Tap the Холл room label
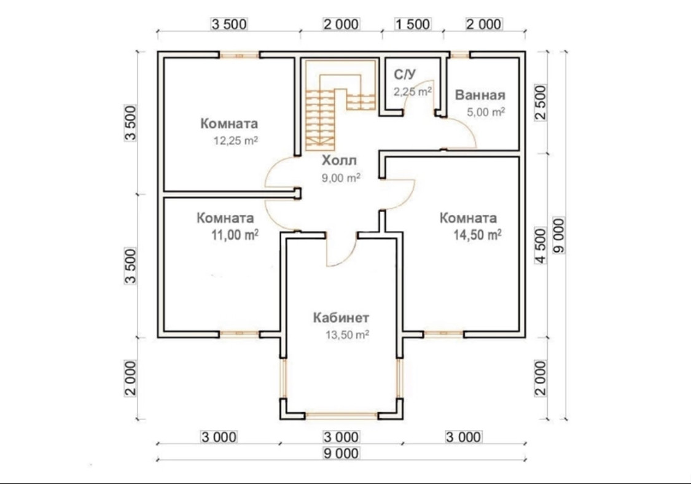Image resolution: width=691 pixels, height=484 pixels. [x=339, y=160]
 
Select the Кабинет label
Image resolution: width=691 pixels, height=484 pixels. [x=341, y=318]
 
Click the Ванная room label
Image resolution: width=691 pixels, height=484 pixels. [x=480, y=95]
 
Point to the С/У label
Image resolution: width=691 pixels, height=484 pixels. [x=405, y=74]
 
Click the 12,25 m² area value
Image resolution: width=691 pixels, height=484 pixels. [x=236, y=141]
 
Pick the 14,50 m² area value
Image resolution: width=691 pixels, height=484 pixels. [x=478, y=235]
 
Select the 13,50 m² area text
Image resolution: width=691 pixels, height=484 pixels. [x=347, y=335]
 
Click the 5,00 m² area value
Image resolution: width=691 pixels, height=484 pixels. [x=486, y=112]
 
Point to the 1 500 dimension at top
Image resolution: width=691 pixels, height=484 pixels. [x=413, y=24]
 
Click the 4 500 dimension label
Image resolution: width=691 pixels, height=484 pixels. [x=541, y=246]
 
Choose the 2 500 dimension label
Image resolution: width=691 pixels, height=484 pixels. [x=541, y=102]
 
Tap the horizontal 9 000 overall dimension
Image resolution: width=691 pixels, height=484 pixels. [x=341, y=453]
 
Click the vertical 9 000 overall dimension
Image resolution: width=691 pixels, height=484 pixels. [x=559, y=235]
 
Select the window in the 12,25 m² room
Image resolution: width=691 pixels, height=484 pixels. [x=240, y=55]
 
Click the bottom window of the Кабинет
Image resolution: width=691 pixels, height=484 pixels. [x=341, y=415]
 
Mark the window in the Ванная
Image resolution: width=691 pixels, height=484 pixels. [x=459, y=55]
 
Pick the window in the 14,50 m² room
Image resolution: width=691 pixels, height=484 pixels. [x=443, y=334]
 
